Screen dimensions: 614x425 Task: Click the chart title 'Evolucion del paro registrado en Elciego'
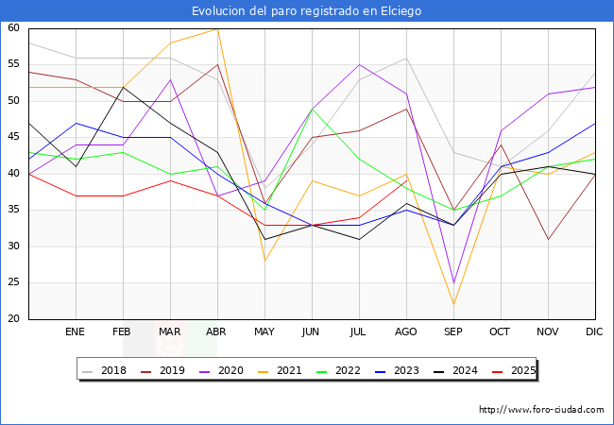[x=307, y=11]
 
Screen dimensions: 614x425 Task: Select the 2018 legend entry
[x=105, y=370]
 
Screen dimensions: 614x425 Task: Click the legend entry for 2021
[x=280, y=370]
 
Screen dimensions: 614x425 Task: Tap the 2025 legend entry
[x=514, y=370]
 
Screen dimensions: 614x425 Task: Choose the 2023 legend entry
[x=397, y=370]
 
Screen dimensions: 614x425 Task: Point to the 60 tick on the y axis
[x=13, y=27]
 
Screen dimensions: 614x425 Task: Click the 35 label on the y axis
[x=13, y=210]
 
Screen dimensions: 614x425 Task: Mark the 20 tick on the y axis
[x=13, y=318]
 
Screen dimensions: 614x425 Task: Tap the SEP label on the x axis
[x=453, y=331]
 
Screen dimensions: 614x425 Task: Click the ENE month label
[x=75, y=331]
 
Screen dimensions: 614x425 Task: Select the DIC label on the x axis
[x=594, y=331]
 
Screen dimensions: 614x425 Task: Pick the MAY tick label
[x=264, y=331]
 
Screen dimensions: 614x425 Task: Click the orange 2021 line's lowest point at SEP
[x=453, y=304]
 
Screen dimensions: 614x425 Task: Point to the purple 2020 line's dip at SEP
[x=453, y=282]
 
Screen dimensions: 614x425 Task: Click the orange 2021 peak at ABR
[x=217, y=29]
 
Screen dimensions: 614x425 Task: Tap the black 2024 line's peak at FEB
[x=124, y=87]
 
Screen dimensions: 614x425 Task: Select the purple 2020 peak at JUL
[x=360, y=64]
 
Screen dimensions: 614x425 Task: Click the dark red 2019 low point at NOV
[x=548, y=239]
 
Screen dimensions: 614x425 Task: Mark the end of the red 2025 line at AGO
[x=407, y=180]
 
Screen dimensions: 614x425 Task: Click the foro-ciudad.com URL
[x=541, y=409]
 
